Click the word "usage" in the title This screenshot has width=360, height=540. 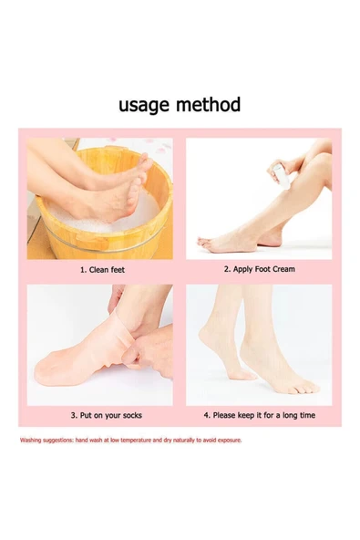[144, 105]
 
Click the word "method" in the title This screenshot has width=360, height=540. [208, 104]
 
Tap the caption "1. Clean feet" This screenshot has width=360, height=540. [103, 270]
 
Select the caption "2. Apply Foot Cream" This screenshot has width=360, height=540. [260, 269]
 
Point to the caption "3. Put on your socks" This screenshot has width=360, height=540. [107, 415]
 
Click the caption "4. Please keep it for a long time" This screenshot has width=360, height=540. [260, 415]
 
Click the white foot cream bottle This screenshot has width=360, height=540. [282, 176]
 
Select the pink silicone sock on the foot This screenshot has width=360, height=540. [83, 355]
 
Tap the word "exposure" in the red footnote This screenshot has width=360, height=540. [230, 441]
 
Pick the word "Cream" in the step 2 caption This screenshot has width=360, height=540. [284, 269]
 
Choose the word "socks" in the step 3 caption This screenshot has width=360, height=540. [132, 415]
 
